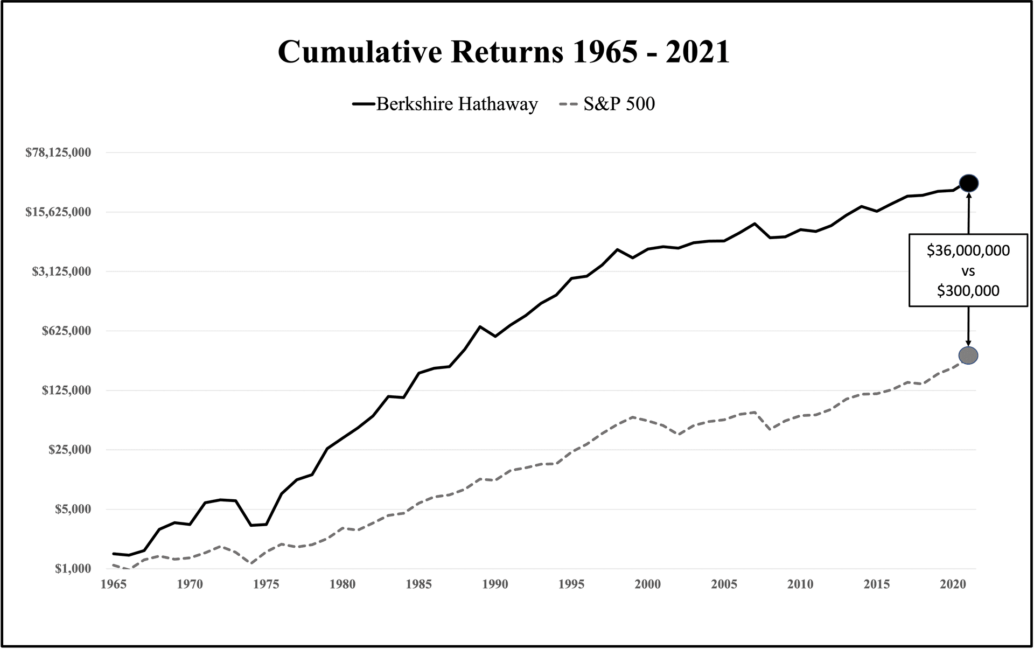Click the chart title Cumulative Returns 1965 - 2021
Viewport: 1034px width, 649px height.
pyautogui.click(x=504, y=52)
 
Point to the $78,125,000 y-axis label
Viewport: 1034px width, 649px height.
pyautogui.click(x=58, y=152)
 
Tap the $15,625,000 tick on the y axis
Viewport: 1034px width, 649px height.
pyautogui.click(x=58, y=212)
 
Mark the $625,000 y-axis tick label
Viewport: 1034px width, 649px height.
pyautogui.click(x=66, y=331)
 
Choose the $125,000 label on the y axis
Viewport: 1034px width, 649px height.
pyautogui.click(x=66, y=390)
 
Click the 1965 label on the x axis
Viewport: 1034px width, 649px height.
pyautogui.click(x=114, y=584)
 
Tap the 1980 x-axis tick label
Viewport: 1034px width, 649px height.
pyautogui.click(x=343, y=584)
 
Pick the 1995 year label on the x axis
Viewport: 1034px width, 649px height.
pyautogui.click(x=571, y=584)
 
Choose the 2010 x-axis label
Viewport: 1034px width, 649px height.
pyautogui.click(x=800, y=584)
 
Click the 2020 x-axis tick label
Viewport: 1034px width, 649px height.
pyautogui.click(x=953, y=584)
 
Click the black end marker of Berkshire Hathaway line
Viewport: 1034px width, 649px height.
pyautogui.click(x=968, y=184)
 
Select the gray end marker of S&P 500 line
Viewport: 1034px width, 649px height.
pyautogui.click(x=968, y=355)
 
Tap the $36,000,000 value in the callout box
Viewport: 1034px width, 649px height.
pyautogui.click(x=968, y=251)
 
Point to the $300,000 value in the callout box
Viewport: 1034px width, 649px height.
pyautogui.click(x=968, y=291)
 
